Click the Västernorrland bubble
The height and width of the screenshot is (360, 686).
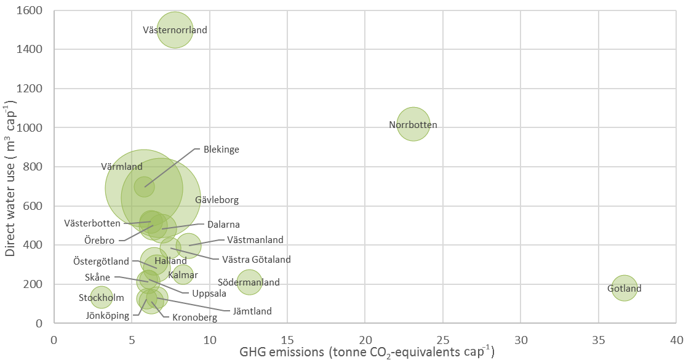pyautogui.click(x=175, y=30)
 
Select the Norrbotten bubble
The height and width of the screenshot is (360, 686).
pyautogui.click(x=413, y=124)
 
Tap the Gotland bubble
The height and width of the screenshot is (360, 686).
pyautogui.click(x=624, y=288)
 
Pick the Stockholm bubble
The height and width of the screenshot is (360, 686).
pyautogui.click(x=102, y=298)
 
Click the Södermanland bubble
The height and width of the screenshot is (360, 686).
pyautogui.click(x=249, y=282)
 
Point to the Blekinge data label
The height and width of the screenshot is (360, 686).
pyautogui.click(x=221, y=149)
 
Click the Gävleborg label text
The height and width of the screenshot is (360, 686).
pyautogui.click(x=217, y=200)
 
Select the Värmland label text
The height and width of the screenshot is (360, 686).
pyautogui.click(x=122, y=167)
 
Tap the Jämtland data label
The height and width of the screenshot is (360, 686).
pyautogui.click(x=252, y=311)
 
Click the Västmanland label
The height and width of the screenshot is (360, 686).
pyautogui.click(x=255, y=239)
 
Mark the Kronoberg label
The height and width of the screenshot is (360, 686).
pyautogui.click(x=194, y=318)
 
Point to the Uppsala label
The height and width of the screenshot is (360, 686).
pyautogui.click(x=209, y=294)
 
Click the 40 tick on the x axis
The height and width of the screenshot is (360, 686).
pyautogui.click(x=676, y=340)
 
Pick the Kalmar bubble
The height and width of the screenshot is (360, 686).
pyautogui.click(x=183, y=274)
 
